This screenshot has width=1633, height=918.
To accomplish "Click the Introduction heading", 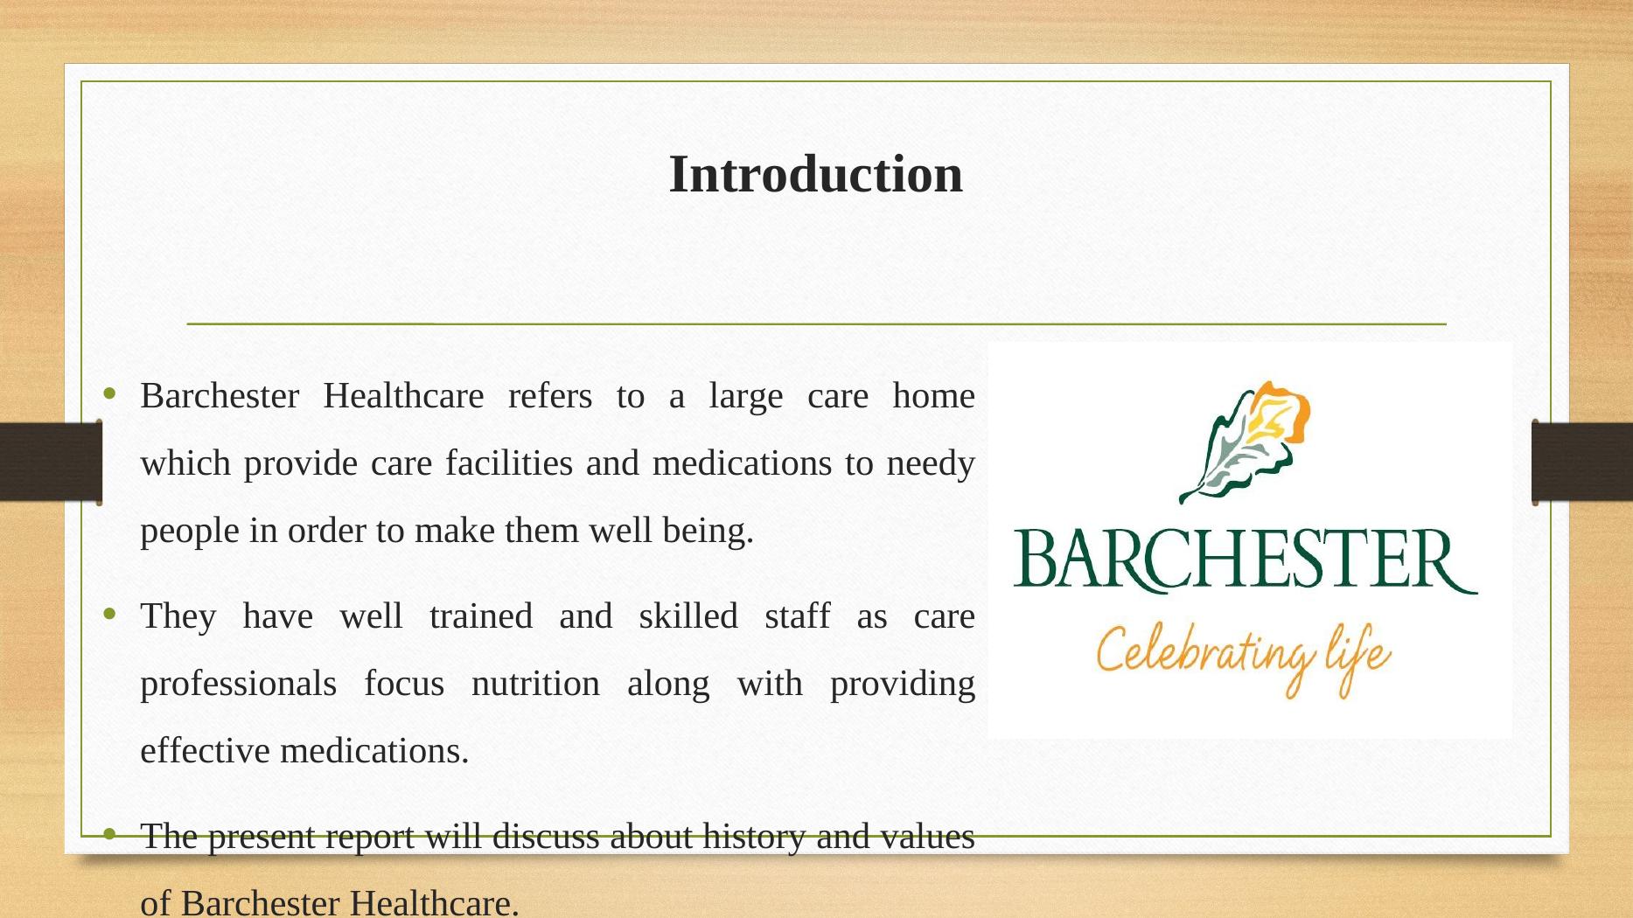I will [x=815, y=174].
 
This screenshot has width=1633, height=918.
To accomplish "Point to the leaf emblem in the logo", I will [x=1246, y=442].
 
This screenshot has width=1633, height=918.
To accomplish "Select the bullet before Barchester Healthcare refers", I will [x=109, y=394].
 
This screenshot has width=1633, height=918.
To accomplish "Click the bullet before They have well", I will [x=109, y=615].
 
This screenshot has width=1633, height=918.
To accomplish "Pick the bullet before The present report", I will [x=109, y=835].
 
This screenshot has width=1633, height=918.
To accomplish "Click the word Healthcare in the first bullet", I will [x=402, y=396].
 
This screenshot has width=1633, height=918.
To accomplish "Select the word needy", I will [x=930, y=463].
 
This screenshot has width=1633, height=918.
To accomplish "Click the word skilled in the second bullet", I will [x=687, y=616].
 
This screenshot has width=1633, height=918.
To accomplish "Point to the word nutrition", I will [x=535, y=684].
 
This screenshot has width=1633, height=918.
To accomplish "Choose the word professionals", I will [x=238, y=684].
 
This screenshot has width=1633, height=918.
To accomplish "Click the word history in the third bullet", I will [x=753, y=837].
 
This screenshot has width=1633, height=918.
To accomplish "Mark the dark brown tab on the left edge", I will [x=50, y=462].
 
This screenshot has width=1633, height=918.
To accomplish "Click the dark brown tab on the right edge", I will [x=1582, y=462].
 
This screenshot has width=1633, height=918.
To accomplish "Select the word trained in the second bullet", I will [x=480, y=616].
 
